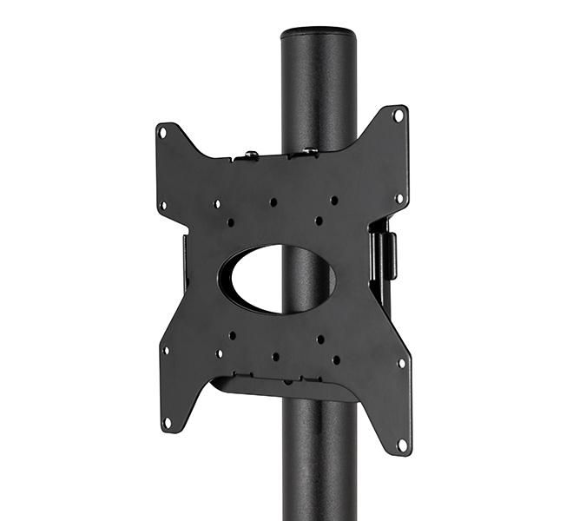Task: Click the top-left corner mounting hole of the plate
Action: click(x=162, y=132)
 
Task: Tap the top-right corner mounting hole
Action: click(x=398, y=115)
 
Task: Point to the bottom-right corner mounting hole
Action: click(x=401, y=444)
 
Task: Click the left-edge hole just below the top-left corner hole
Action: click(x=162, y=206)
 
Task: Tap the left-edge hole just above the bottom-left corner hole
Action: click(x=165, y=351)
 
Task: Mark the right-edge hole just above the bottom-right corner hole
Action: click(x=401, y=363)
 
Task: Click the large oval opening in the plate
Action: click(x=276, y=278)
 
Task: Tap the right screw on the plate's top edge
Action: click(x=307, y=151)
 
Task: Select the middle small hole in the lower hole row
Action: click(x=275, y=356)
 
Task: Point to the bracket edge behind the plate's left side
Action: click(x=185, y=260)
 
